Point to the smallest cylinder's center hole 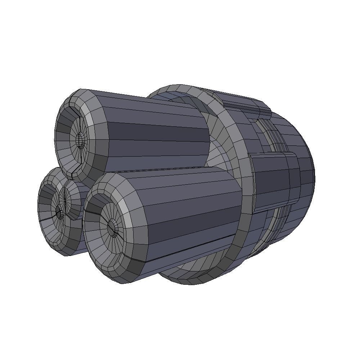tap(59, 212)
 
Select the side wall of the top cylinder tap(158, 133)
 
